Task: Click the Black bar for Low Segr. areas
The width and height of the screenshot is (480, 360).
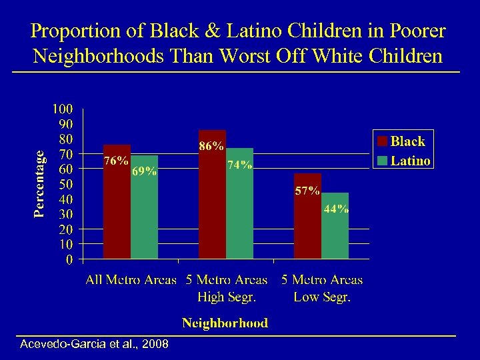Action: [x=308, y=227]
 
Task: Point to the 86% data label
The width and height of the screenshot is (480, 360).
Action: [x=212, y=145]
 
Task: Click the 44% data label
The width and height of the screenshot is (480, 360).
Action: [x=336, y=208]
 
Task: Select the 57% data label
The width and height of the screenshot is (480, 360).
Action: [x=307, y=191]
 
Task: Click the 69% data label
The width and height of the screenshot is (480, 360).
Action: [x=144, y=171]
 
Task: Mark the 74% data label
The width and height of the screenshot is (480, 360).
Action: [x=239, y=165]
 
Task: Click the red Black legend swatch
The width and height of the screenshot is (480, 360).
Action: [x=382, y=141]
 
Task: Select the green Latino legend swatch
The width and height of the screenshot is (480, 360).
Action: [x=382, y=161]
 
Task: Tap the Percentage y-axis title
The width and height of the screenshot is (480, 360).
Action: [x=40, y=183]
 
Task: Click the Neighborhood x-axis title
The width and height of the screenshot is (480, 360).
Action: [x=225, y=323]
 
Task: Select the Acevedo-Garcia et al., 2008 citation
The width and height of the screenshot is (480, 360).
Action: [x=95, y=345]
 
